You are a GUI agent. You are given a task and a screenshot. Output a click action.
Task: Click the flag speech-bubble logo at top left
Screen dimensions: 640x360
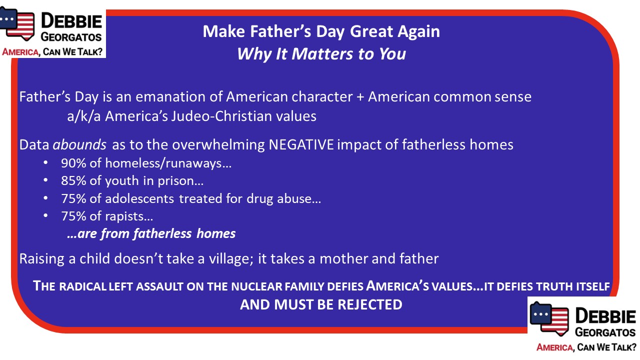pos(17,23)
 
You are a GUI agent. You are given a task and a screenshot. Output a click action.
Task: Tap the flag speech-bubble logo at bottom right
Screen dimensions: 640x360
pos(548,318)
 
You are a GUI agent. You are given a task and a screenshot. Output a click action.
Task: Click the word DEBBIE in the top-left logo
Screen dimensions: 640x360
pos(71,21)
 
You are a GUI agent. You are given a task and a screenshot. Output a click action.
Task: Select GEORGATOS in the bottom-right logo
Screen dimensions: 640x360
pos(605,332)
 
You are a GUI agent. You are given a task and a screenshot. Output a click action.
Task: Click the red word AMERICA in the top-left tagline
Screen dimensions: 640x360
pos(20,52)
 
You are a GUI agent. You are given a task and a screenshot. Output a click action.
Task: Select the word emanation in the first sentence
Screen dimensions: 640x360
pos(170,96)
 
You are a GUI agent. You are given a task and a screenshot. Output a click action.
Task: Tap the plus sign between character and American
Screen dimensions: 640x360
pos(360,97)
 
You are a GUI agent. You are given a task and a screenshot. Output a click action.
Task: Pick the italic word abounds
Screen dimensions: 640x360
pos(79,144)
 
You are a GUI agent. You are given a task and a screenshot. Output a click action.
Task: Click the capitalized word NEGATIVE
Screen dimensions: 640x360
pos(301,144)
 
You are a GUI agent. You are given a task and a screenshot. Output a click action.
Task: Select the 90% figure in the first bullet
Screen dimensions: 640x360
pos(73,163)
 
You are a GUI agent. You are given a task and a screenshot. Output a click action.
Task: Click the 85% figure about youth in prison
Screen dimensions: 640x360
pos(73,181)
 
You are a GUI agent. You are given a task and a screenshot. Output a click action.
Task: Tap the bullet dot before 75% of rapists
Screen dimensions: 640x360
pos(45,216)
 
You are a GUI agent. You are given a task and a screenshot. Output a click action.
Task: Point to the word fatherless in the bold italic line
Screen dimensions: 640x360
pos(162,233)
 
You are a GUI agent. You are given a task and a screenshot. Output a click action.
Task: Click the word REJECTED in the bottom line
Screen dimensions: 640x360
pos(370,304)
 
